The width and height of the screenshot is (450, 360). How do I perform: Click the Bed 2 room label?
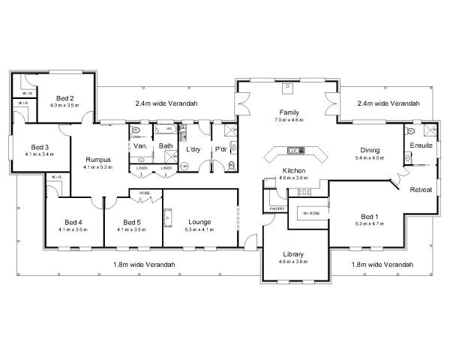coord(65,98)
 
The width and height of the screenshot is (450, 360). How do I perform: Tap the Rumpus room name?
coord(98,159)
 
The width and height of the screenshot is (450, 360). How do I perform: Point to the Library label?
coord(293,253)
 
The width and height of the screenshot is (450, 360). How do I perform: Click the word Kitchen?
coord(293,171)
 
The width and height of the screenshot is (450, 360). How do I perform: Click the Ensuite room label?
coord(421,145)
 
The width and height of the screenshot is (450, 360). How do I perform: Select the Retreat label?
coord(421,190)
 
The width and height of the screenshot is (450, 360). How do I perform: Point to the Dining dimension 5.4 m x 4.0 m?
coord(369,158)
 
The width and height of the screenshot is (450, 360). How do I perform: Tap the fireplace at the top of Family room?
coord(286,88)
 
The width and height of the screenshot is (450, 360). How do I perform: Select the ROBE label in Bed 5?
coord(145,193)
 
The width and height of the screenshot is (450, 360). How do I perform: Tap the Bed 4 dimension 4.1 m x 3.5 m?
coord(72,229)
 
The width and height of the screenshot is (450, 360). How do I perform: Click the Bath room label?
coord(165,146)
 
